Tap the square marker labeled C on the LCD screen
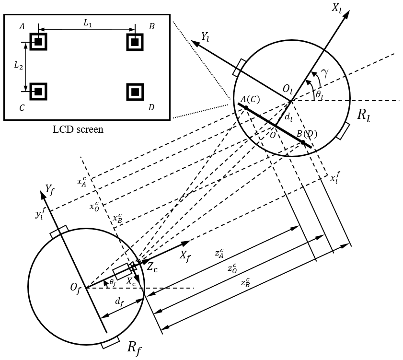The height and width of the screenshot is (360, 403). click(39, 91)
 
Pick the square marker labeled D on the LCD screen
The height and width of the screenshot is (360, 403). click(135, 91)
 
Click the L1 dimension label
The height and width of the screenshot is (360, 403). click(87, 23)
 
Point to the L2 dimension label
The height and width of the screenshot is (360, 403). click(18, 66)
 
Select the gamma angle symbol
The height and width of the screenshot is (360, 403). click(325, 73)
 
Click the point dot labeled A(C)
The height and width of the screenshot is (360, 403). click(246, 108)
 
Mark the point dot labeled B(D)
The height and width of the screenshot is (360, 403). click(302, 142)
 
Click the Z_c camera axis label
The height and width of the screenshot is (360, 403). click(151, 267)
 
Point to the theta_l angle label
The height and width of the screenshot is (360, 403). click(319, 96)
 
